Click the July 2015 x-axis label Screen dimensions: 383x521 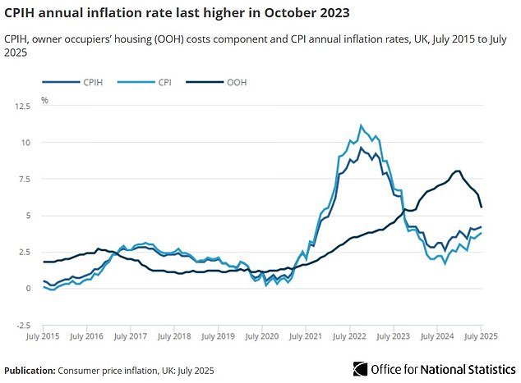tap(44, 336)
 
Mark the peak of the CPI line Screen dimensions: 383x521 tap(361, 125)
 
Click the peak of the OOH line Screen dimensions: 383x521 tap(457, 171)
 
